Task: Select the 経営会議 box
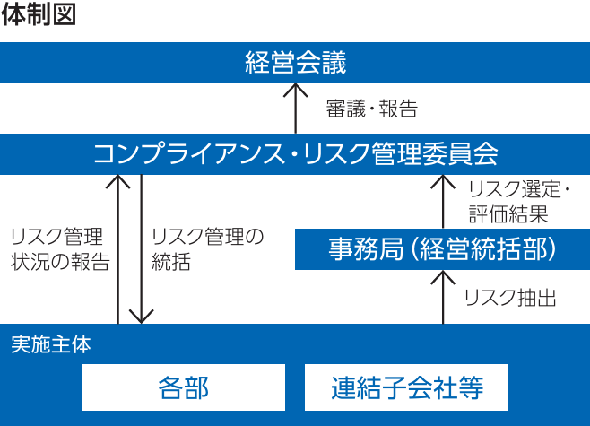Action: click(295, 63)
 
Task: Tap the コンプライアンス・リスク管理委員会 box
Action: click(295, 154)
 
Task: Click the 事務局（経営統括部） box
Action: click(442, 248)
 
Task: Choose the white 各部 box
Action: click(183, 387)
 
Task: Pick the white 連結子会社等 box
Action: click(407, 387)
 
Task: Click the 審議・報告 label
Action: click(371, 109)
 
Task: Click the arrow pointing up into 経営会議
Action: click(295, 108)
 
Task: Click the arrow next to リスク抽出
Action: click(442, 296)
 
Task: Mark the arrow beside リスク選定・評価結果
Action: click(442, 201)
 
